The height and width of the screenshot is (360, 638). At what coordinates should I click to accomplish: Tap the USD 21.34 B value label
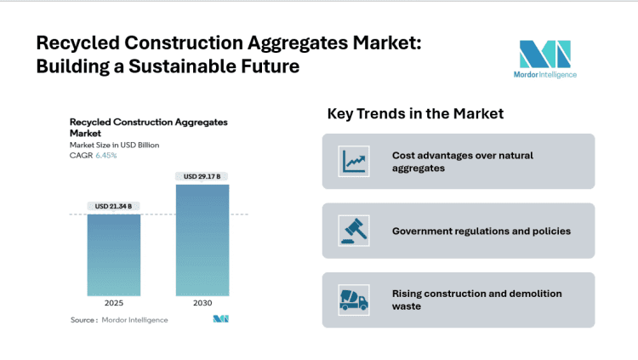[113, 205]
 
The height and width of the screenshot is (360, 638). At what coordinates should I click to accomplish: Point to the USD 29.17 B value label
[202, 176]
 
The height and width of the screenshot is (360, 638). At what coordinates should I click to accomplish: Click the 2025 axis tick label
[113, 302]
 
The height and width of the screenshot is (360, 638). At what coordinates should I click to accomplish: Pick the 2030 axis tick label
[202, 302]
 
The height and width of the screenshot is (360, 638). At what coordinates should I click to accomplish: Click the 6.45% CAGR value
[106, 155]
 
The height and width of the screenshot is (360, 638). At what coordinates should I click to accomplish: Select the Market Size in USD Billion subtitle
[114, 145]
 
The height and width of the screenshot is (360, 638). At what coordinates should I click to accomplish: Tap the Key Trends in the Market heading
[415, 114]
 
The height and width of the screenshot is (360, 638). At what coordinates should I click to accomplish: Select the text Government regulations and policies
[481, 231]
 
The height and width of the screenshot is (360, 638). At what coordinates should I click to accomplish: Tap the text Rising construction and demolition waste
[476, 300]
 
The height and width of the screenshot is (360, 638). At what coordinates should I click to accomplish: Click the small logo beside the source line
[221, 319]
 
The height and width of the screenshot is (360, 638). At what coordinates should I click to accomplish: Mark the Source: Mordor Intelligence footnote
[118, 320]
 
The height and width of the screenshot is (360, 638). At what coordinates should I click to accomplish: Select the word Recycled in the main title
[76, 43]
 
